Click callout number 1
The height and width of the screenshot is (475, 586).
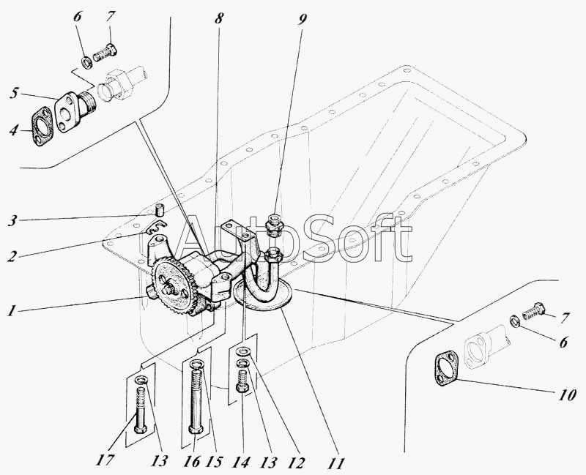[x=12, y=311]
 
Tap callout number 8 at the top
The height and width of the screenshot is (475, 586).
[x=219, y=18]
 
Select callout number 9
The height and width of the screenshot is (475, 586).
[x=302, y=19]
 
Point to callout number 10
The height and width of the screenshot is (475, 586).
[x=566, y=394]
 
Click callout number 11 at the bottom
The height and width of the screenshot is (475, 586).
[x=335, y=463]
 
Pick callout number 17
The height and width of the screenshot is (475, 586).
[x=105, y=460]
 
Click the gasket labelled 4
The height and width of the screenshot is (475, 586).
[x=41, y=126]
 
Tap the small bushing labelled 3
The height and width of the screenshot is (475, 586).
[x=160, y=209]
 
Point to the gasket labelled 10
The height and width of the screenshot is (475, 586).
[x=447, y=368]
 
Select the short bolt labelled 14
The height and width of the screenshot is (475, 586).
[x=243, y=381]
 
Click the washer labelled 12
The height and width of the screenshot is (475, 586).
[x=244, y=351]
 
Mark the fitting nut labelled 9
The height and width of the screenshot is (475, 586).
[x=274, y=225]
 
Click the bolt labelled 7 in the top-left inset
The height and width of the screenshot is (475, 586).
[x=105, y=53]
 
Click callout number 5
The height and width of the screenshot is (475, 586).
[x=14, y=94]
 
